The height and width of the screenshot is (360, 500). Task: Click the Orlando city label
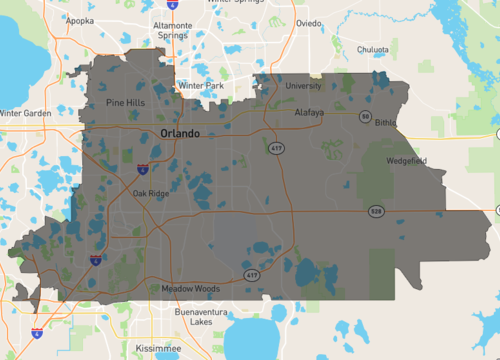(x=180, y=133)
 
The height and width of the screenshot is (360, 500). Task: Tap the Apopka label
(x=81, y=20)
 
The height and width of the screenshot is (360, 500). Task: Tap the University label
(x=303, y=86)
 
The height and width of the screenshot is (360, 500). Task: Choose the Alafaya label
(x=309, y=113)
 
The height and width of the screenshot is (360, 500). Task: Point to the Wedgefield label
(x=409, y=158)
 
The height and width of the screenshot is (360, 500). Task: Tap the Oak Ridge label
(x=151, y=193)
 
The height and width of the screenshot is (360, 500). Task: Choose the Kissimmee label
(x=146, y=347)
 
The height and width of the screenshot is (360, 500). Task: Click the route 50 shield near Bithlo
(x=365, y=117)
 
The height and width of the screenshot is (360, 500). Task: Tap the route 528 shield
(x=376, y=212)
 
